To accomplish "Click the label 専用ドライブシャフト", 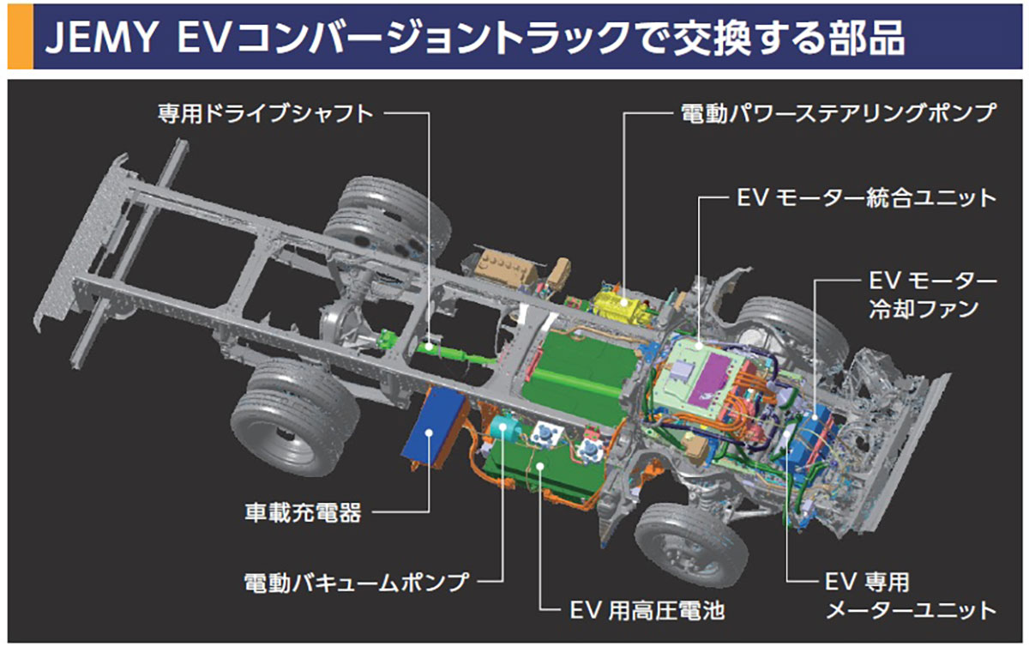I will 266,112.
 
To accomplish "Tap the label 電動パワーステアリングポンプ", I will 838,112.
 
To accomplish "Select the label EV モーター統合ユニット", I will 866,197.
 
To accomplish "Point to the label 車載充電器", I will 301,513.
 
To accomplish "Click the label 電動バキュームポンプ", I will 355,582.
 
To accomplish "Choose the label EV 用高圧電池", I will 647,610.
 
